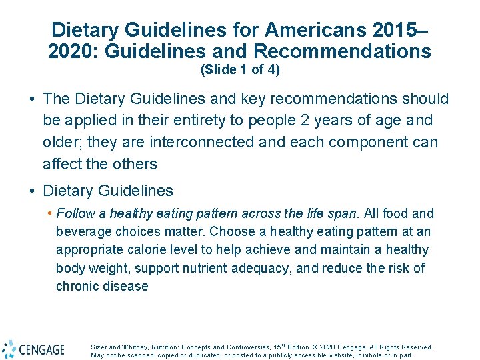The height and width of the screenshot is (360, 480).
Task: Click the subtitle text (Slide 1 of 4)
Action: (240, 69)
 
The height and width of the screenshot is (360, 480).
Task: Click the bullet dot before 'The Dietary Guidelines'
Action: (32, 99)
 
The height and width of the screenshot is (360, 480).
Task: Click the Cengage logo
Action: (33, 349)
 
